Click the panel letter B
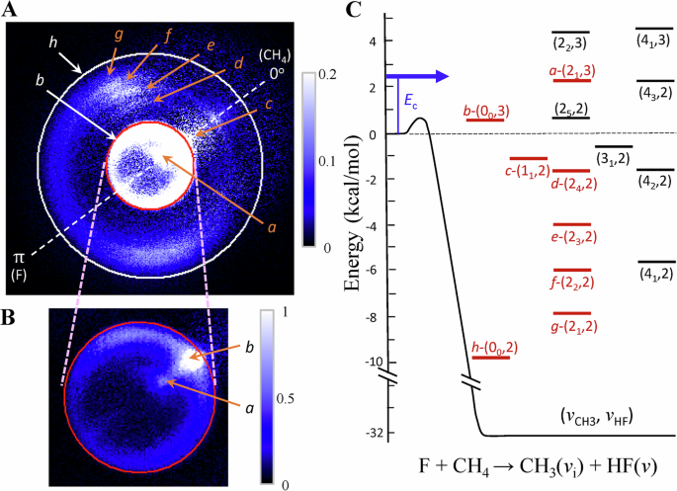13,319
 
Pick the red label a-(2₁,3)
571,70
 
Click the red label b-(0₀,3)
485,111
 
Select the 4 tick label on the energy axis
374,42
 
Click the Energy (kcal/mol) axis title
351,223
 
